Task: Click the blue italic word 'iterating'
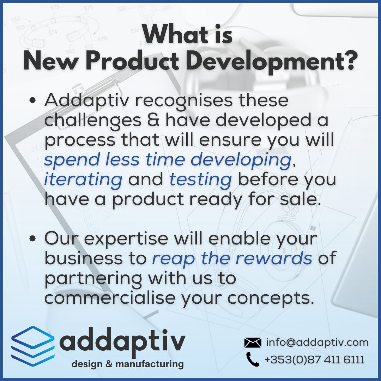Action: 83,180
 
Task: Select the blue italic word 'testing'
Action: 200,180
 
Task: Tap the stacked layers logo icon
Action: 33,345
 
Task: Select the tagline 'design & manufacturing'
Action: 128,364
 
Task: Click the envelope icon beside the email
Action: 253,342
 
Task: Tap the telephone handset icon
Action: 253,359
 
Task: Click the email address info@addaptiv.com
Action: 317,342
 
